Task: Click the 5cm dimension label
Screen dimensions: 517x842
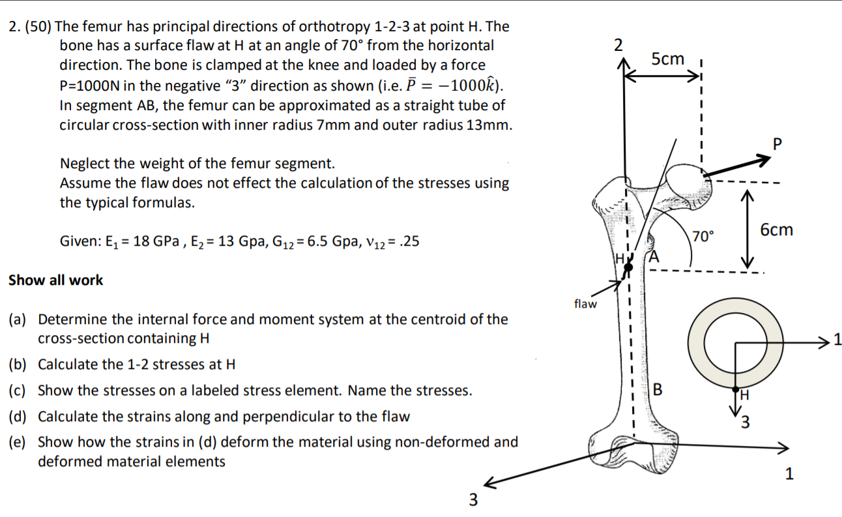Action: coord(668,59)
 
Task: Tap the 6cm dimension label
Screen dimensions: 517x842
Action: coord(777,229)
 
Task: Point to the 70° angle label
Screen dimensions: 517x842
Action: coord(703,235)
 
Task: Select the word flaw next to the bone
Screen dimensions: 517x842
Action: coord(585,304)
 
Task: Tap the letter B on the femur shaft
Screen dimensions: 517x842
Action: coord(657,391)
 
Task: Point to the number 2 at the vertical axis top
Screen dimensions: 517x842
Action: coord(618,45)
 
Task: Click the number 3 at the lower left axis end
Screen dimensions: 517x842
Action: coord(473,501)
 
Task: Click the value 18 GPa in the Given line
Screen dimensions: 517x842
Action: coord(134,242)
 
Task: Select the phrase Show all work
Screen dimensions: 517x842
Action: coord(55,280)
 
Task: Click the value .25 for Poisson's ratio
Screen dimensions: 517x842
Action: coord(408,242)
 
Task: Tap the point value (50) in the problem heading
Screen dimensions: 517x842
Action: coord(38,27)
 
